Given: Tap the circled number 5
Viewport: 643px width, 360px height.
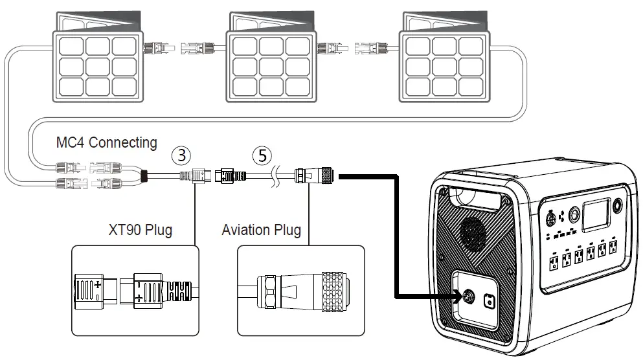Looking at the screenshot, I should tap(261, 155).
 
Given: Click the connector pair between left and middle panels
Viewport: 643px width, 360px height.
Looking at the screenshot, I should tap(183, 47).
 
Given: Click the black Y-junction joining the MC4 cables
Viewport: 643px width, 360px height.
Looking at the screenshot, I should tap(146, 175).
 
